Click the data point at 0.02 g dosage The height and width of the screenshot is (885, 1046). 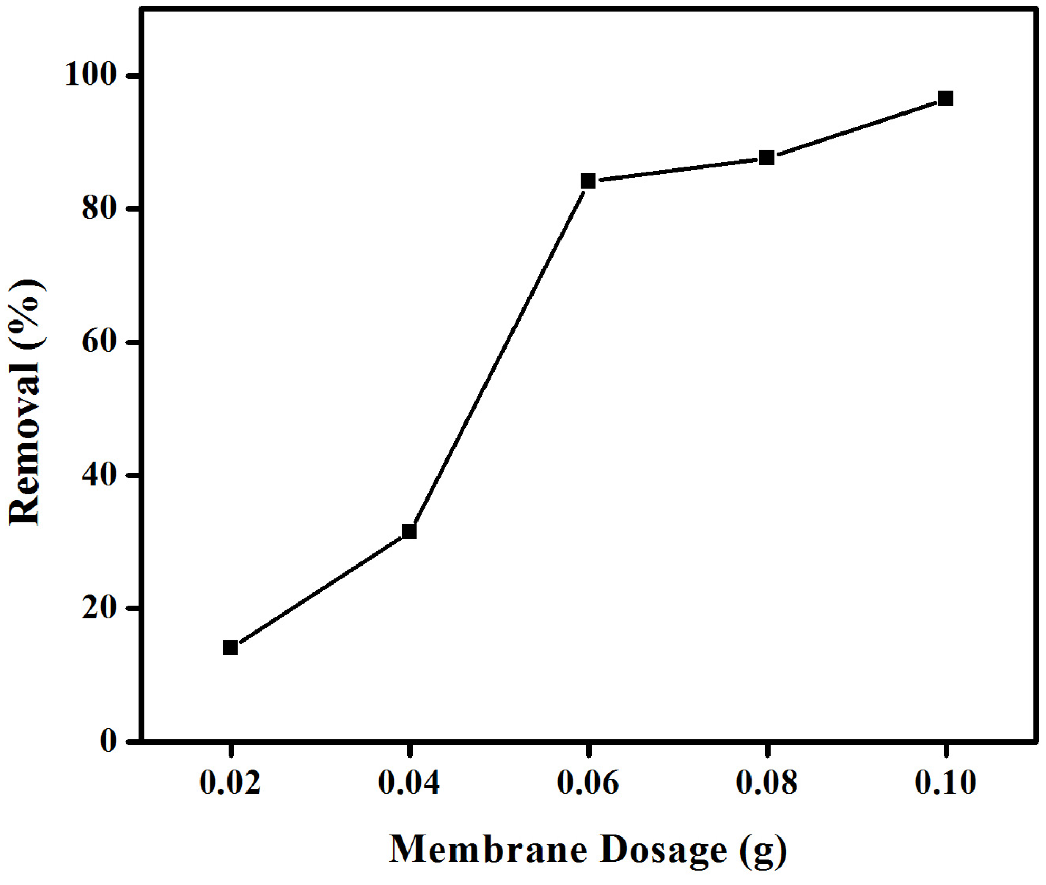[230, 647]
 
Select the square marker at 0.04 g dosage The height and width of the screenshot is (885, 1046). [409, 531]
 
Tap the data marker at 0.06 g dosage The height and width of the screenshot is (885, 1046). [588, 181]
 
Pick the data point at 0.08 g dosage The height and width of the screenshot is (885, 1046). [767, 157]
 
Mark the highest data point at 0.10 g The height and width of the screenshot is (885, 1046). [946, 98]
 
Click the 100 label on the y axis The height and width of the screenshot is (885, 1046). [90, 76]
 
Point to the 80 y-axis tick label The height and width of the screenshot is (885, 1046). [98, 209]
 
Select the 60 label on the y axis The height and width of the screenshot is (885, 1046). [98, 342]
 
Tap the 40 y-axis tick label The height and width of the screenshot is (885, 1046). [98, 475]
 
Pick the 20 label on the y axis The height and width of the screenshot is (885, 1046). [98, 608]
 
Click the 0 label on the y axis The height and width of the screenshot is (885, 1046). [108, 741]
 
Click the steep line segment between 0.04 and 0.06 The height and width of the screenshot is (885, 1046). [499, 356]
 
